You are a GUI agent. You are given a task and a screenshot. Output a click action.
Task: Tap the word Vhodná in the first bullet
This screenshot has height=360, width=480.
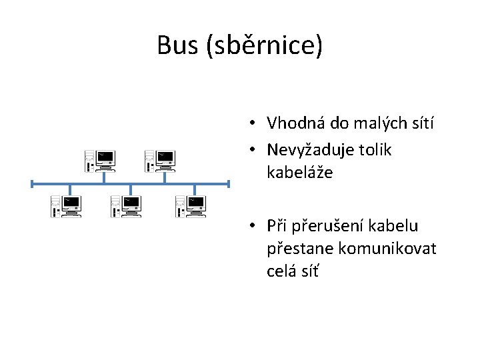click(294, 123)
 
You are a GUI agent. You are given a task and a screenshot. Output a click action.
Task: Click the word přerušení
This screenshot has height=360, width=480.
click(324, 226)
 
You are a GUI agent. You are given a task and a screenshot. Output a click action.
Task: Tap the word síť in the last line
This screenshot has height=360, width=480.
click(311, 272)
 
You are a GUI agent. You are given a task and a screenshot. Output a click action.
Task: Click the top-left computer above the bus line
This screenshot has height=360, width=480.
click(100, 160)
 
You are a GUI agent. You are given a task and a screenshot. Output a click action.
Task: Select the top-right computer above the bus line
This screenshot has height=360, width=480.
click(160, 160)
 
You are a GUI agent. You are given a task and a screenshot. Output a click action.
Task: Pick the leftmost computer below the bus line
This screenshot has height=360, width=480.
click(67, 206)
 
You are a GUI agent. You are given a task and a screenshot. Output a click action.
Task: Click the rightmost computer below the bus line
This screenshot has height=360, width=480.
click(190, 206)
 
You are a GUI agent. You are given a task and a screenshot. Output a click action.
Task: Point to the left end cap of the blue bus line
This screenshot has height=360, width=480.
click(32, 183)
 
